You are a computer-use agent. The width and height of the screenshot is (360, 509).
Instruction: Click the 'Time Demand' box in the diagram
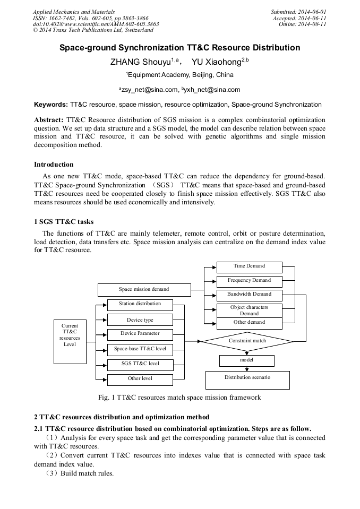pos(249,266)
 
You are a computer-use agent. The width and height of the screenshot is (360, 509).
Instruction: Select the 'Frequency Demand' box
pos(249,281)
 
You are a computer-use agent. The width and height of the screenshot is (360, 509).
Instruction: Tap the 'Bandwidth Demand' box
pos(249,295)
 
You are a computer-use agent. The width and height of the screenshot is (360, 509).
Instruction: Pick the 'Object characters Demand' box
pos(249,310)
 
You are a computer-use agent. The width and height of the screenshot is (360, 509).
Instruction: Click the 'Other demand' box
pos(249,323)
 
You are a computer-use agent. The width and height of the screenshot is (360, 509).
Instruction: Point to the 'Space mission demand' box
pos(144,290)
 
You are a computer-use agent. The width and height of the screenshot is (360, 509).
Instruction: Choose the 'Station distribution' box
pos(140,304)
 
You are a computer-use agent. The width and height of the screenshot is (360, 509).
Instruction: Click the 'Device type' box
pos(140,320)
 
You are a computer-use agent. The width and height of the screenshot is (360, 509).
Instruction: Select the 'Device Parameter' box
pos(140,334)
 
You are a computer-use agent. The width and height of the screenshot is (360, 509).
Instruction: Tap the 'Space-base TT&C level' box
pos(140,349)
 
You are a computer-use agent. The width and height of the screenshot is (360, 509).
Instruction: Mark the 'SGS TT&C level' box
pos(140,364)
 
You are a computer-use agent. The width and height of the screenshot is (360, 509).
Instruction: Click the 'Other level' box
pos(140,379)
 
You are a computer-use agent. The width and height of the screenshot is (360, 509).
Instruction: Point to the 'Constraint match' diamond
pos(247,341)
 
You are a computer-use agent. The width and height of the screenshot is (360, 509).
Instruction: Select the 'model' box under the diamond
pos(247,360)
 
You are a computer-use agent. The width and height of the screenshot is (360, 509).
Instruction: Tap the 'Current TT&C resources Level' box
pos(70,335)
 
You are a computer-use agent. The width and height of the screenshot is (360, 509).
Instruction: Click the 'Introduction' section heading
pos(54,164)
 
